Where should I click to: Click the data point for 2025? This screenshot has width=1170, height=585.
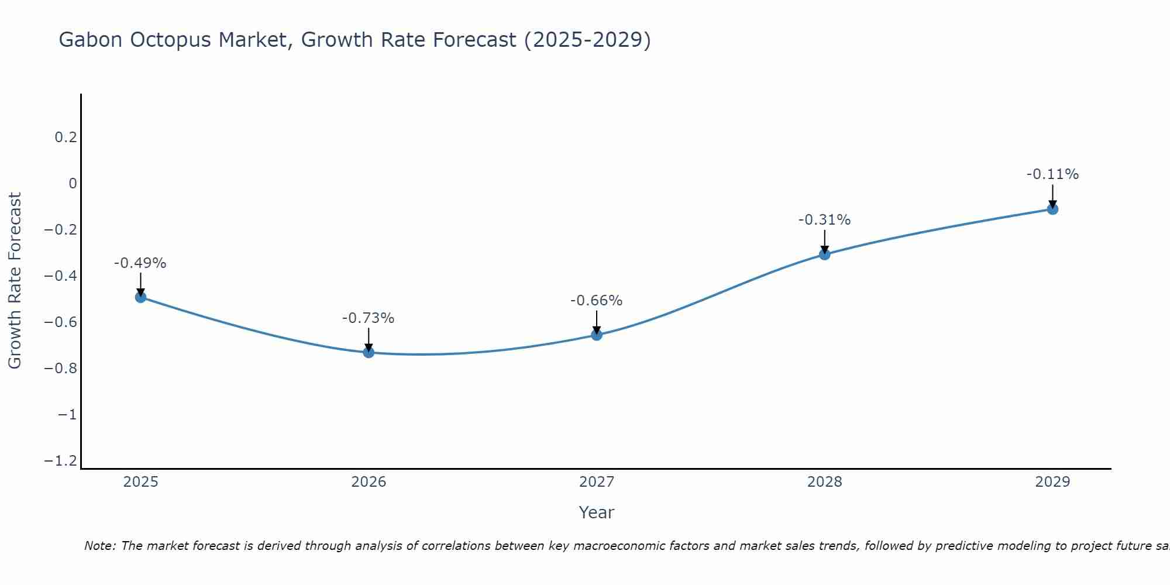[140, 297]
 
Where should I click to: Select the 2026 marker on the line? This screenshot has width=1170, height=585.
[369, 352]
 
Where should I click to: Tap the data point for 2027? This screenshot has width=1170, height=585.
[597, 335]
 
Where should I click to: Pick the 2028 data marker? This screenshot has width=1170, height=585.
[825, 254]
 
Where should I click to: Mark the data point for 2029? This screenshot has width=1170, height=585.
[1052, 209]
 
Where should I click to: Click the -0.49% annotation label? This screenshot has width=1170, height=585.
[140, 263]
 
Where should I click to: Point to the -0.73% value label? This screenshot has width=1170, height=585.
[369, 318]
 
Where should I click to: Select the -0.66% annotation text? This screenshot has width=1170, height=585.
[597, 301]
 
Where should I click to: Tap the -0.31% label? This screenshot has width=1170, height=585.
[825, 220]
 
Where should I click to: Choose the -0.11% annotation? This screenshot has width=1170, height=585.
[1052, 174]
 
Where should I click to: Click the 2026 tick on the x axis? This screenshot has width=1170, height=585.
[369, 482]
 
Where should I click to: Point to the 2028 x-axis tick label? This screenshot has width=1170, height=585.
[825, 482]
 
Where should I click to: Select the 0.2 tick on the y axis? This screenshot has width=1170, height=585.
[66, 137]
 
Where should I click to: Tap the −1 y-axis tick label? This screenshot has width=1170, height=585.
[67, 415]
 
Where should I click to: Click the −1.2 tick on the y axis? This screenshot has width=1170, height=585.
[60, 461]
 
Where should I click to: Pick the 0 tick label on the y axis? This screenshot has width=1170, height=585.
[73, 184]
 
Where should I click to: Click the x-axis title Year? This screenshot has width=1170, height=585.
[596, 512]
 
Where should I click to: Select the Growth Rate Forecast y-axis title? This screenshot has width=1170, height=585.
[15, 281]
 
